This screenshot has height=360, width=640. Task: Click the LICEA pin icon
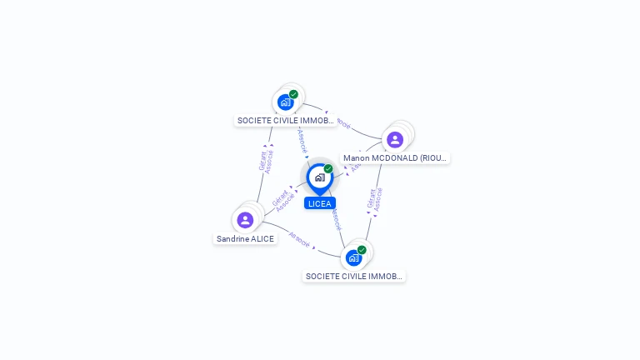point(319,177)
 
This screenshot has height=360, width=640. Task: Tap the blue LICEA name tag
point(320,203)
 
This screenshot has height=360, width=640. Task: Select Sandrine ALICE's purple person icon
point(245,220)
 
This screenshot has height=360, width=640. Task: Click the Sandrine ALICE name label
point(245,239)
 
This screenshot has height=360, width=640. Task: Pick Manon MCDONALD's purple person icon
point(395,139)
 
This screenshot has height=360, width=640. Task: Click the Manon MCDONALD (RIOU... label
point(396,157)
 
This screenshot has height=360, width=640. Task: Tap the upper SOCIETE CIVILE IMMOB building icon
point(286,102)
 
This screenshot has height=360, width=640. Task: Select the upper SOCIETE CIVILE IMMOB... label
point(285,121)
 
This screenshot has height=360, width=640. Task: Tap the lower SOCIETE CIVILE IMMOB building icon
point(353,257)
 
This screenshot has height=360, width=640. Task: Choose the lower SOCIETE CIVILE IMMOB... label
point(353,276)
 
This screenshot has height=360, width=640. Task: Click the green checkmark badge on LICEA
point(328,168)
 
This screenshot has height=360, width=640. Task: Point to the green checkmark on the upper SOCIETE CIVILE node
point(293,94)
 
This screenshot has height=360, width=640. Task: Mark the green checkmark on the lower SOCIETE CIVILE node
point(362,249)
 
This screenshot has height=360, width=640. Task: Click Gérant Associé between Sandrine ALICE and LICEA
point(283,199)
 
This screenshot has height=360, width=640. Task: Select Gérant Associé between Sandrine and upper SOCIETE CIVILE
point(266,159)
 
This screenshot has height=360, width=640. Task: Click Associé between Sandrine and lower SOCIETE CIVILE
point(299,239)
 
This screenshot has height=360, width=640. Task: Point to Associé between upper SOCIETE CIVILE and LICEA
point(303,140)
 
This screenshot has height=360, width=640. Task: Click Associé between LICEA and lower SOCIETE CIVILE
point(336,218)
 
